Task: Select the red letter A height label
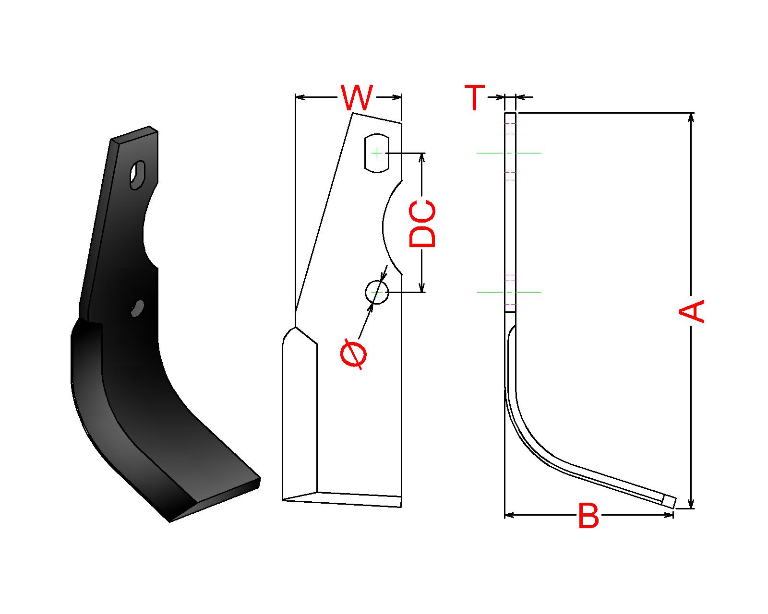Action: click(x=691, y=311)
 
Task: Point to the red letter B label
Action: click(x=588, y=516)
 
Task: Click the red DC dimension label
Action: click(x=422, y=224)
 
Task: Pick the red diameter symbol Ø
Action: click(x=354, y=354)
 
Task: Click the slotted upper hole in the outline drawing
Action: click(x=376, y=153)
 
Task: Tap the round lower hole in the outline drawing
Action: click(x=376, y=292)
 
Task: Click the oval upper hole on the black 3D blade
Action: click(x=137, y=175)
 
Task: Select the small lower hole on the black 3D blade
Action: click(x=137, y=308)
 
